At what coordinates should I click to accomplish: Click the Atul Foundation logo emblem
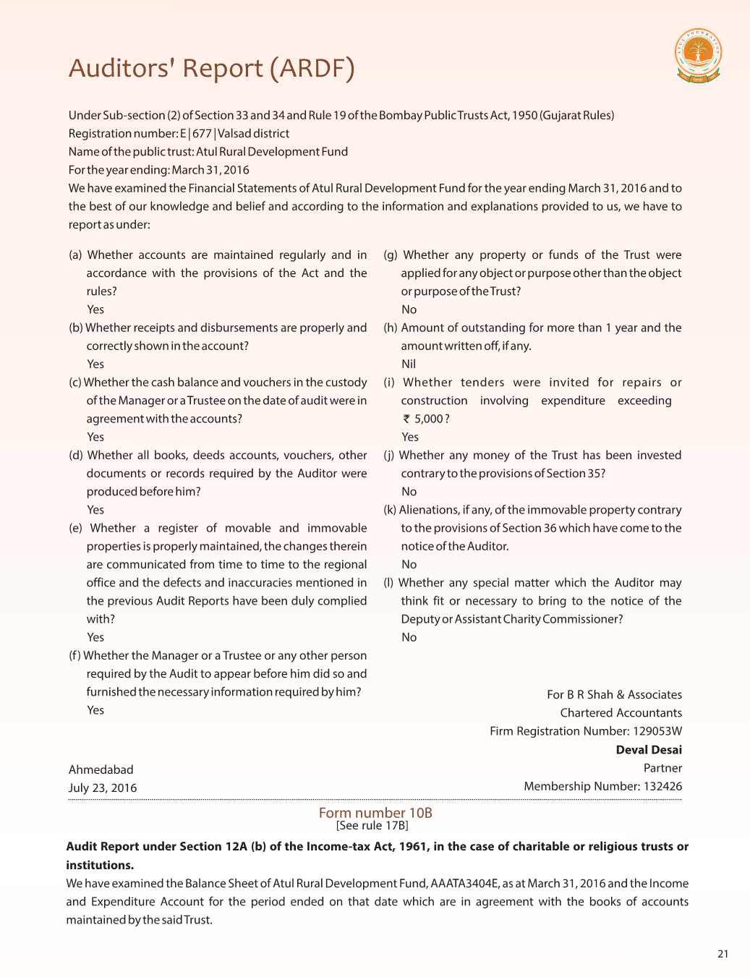[698, 55]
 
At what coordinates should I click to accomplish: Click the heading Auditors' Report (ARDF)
[211, 68]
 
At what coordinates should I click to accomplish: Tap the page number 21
[723, 954]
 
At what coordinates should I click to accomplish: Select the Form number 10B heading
[375, 813]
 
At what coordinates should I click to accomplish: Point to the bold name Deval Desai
[649, 750]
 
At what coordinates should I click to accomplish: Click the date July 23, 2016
[103, 788]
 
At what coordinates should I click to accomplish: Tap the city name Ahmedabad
[101, 769]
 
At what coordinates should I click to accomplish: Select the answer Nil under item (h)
[409, 364]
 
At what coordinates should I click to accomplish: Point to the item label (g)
[391, 255]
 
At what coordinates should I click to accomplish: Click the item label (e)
[76, 528]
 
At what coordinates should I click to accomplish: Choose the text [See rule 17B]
[372, 826]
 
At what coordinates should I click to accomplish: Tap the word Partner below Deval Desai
[662, 768]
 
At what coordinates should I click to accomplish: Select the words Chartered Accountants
[621, 713]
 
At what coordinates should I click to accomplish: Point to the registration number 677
[202, 133]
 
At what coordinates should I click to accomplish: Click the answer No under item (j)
[409, 492]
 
